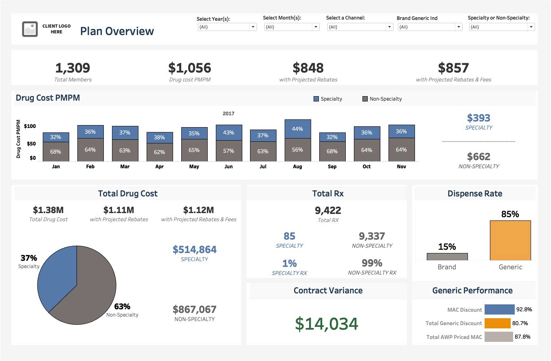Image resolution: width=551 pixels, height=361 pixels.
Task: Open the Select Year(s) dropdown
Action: coord(227,27)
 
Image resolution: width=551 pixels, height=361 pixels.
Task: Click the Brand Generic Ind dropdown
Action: coord(430,27)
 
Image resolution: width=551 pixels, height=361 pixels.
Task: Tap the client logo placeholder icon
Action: coord(30,29)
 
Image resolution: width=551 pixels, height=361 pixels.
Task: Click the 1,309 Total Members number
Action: coord(72,68)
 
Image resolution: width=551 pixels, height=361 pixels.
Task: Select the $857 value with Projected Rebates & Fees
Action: coord(453,68)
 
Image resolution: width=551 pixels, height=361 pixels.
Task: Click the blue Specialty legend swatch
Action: coord(316,99)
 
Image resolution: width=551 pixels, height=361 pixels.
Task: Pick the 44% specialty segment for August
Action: coord(298,129)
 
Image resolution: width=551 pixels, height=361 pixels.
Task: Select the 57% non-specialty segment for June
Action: coord(229,151)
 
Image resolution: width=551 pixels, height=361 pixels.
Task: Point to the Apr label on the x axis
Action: coord(160,167)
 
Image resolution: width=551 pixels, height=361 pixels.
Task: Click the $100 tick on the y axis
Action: coord(30,126)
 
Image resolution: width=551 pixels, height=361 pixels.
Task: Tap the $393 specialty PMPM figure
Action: coord(479,118)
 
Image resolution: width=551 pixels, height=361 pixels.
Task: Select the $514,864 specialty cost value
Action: coord(194,249)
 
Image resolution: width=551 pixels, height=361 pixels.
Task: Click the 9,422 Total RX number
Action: coord(328,210)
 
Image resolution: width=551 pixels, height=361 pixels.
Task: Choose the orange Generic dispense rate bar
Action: coord(510,240)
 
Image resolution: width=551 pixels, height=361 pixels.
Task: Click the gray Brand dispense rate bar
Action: coord(447,257)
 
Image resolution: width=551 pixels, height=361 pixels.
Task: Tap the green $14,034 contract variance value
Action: coord(327,324)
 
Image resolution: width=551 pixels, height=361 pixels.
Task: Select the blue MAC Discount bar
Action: coord(499,310)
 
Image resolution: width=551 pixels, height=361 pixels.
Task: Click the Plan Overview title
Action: coord(117,31)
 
